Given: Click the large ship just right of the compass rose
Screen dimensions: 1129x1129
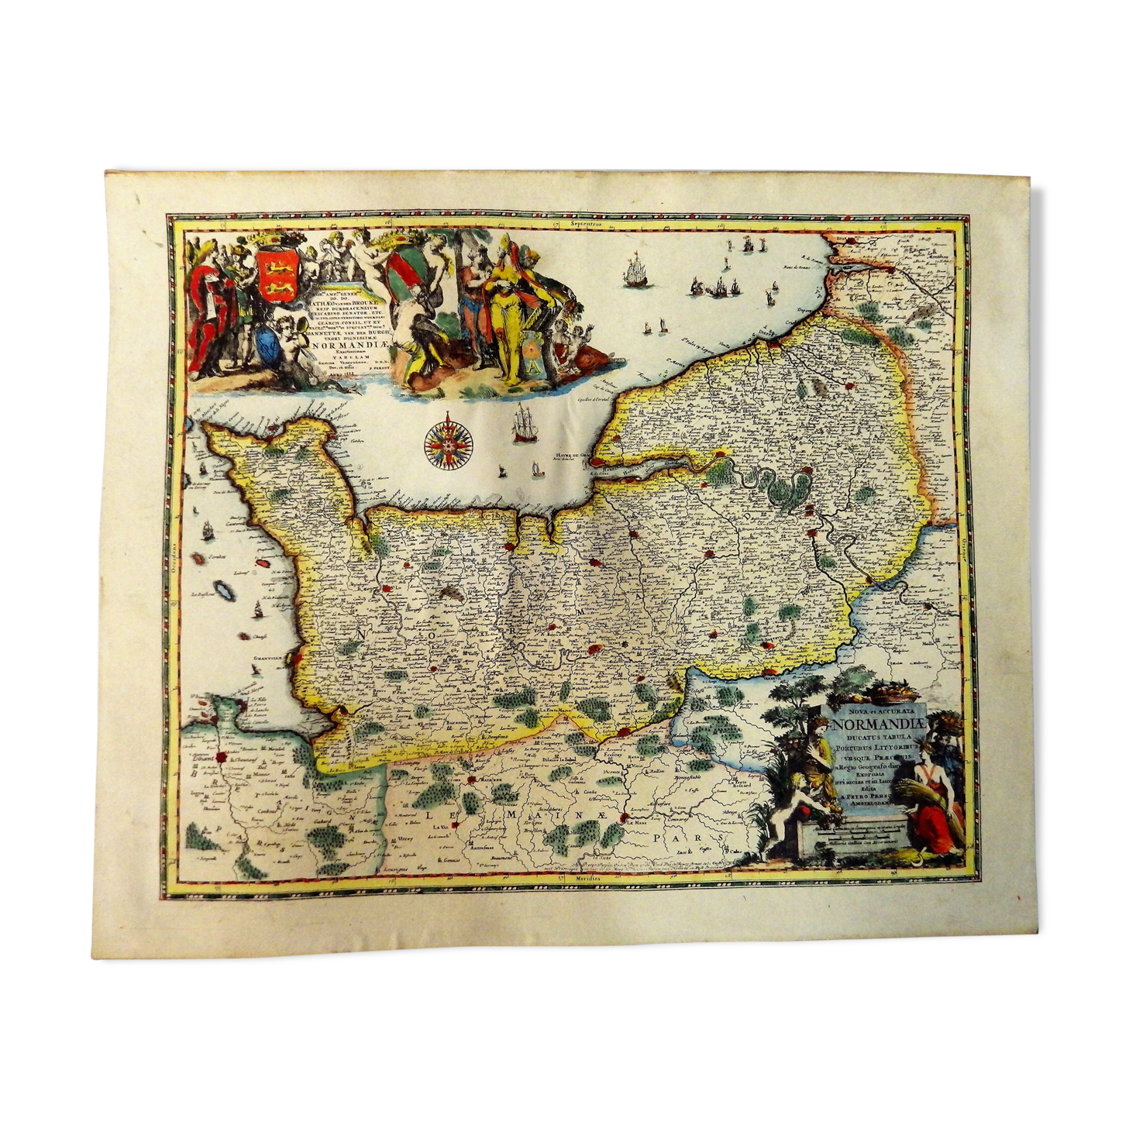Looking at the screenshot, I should click(x=523, y=425).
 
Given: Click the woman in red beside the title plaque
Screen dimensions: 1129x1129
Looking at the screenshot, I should click(x=932, y=806).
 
